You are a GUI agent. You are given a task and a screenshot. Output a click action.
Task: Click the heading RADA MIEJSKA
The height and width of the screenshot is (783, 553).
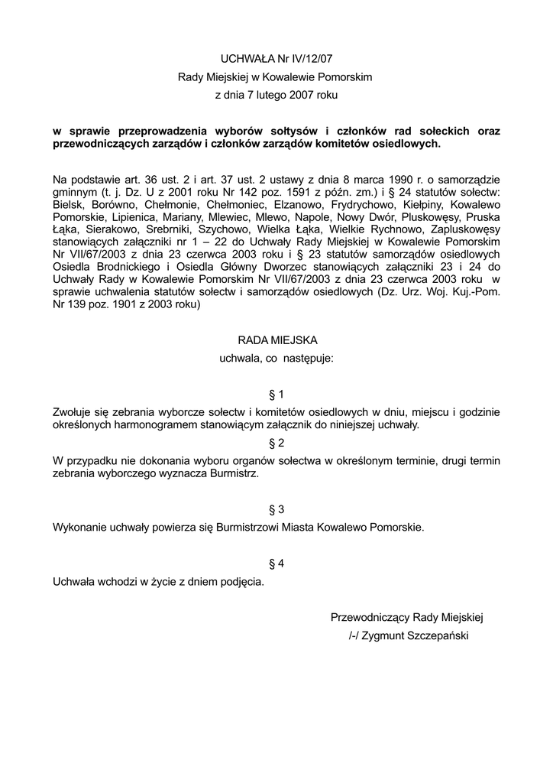click(x=276, y=339)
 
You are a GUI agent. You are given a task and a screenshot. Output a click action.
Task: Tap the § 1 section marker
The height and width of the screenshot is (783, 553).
click(x=276, y=395)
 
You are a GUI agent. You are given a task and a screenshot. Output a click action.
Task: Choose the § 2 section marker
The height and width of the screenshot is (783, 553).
click(x=276, y=443)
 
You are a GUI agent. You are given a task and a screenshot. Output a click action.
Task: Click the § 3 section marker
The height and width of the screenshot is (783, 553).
click(x=276, y=509)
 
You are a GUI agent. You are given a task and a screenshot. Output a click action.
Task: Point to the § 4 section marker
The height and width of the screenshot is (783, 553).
click(x=276, y=564)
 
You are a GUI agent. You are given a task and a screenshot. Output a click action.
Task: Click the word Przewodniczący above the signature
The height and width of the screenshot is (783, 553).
click(x=370, y=617)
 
